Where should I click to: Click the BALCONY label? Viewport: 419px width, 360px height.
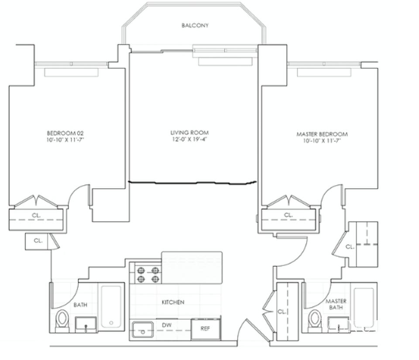[195, 25]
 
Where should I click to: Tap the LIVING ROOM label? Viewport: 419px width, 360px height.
[189, 133]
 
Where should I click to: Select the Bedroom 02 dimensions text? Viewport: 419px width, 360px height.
[65, 140]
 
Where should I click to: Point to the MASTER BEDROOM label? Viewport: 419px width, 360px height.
[322, 134]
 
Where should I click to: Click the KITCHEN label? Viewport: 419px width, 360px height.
[173, 302]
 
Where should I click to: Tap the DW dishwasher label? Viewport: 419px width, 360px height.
[167, 325]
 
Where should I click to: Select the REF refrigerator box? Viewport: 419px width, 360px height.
[206, 329]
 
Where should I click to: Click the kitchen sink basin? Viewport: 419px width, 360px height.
[143, 330]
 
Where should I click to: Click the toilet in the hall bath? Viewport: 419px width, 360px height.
[62, 321]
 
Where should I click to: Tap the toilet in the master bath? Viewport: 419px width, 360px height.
[315, 321]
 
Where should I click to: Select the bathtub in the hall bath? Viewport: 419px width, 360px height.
[111, 307]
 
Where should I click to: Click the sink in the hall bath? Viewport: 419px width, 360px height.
[86, 325]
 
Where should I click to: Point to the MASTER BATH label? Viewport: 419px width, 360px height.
[336, 305]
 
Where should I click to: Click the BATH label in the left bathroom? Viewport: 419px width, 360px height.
[80, 305]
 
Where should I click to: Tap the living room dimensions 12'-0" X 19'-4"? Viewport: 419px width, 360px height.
[189, 139]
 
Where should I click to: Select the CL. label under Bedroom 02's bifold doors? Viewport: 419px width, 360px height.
[36, 215]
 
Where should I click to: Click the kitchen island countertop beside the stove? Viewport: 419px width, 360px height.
[192, 267]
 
